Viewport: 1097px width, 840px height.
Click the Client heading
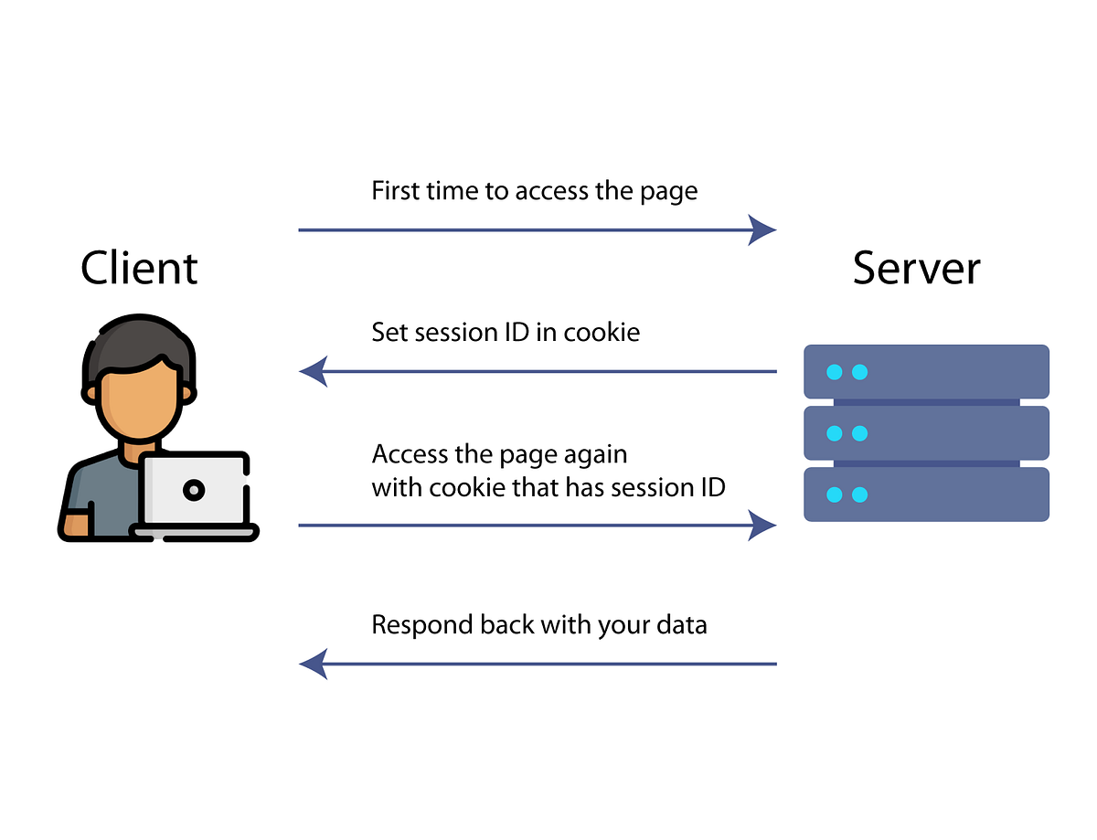coord(139,268)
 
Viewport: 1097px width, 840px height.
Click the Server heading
coord(916,268)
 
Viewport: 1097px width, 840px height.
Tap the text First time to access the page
coord(534,191)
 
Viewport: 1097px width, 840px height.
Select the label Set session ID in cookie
coord(505,332)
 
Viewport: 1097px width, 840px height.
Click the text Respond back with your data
coord(538,626)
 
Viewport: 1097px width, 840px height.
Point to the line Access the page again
coord(499,454)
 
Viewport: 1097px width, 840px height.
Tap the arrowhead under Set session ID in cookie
coord(314,372)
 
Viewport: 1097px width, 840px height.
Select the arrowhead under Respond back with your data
coord(314,664)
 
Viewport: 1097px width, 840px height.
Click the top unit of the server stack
coord(926,371)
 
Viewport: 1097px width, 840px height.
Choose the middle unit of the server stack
coord(926,432)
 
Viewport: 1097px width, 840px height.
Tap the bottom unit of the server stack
coord(926,494)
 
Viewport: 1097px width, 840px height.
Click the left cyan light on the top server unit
coord(834,372)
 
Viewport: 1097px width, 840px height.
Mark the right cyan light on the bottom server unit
coord(859,494)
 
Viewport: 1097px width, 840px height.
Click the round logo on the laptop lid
coord(193,490)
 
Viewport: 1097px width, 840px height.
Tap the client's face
coord(137,402)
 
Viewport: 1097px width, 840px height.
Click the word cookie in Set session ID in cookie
coord(602,332)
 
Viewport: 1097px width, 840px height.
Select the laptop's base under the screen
coord(194,530)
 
